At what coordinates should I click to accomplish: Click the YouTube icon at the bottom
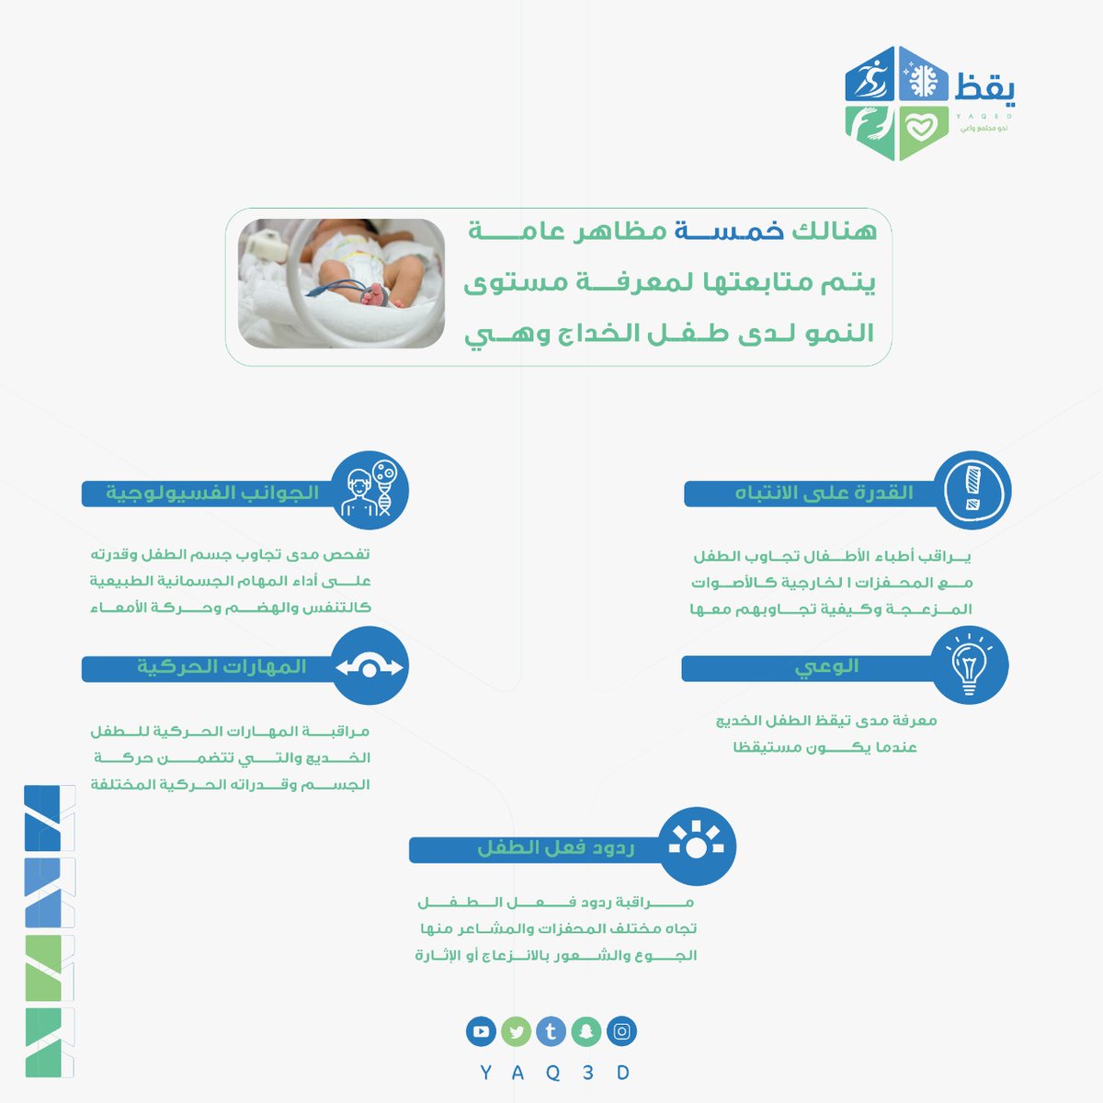pyautogui.click(x=480, y=1031)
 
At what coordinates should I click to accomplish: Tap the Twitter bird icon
pyautogui.click(x=516, y=1031)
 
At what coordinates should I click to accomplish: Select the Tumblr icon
pyautogui.click(x=551, y=1031)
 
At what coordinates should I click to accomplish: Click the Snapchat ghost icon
pyautogui.click(x=586, y=1031)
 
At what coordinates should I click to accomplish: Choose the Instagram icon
pyautogui.click(x=621, y=1031)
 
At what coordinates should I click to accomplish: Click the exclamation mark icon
pyautogui.click(x=972, y=491)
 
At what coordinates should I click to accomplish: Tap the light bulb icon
pyautogui.click(x=969, y=665)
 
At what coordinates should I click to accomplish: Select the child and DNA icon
pyautogui.click(x=368, y=491)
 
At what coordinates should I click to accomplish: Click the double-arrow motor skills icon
pyautogui.click(x=369, y=666)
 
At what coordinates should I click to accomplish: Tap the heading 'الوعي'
pyautogui.click(x=826, y=666)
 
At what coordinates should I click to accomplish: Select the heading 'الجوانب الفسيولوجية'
pyautogui.click(x=212, y=493)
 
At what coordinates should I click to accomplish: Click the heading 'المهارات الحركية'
pyautogui.click(x=222, y=666)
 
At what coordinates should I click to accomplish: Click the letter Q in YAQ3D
pyautogui.click(x=552, y=1073)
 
